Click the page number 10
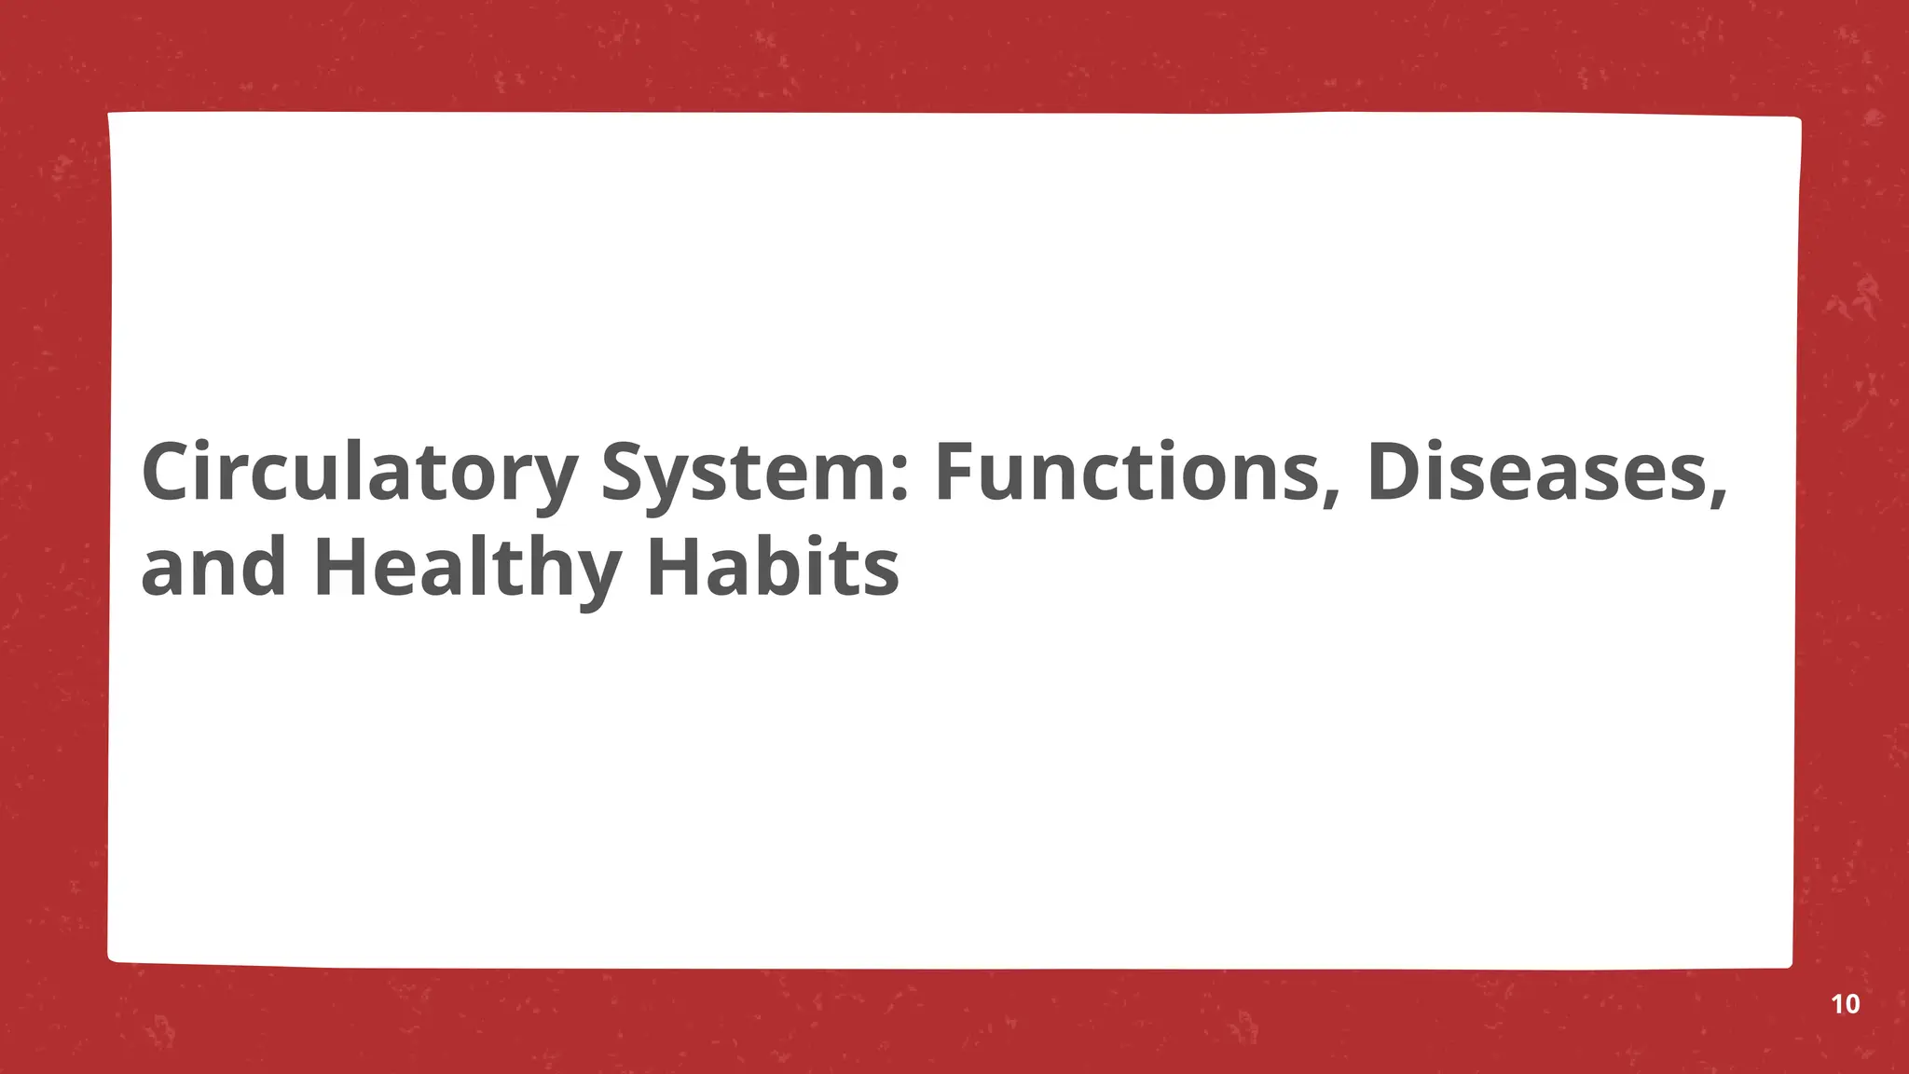(1845, 1004)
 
